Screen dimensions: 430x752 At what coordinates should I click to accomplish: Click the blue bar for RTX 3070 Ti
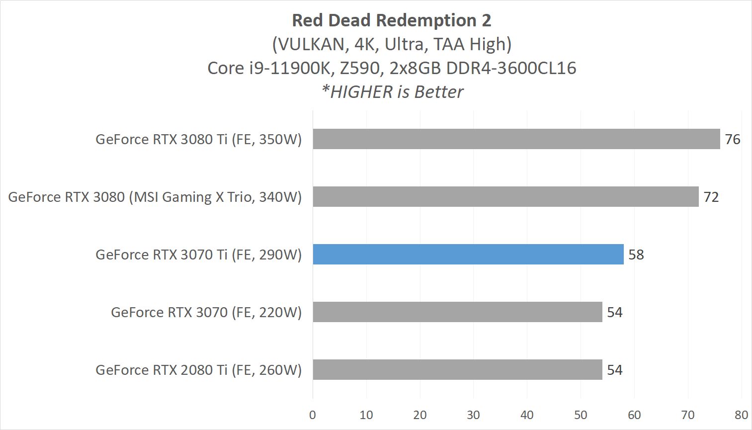468,255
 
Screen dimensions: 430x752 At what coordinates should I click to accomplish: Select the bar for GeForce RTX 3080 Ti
516,139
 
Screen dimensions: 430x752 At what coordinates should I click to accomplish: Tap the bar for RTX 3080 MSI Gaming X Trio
505,197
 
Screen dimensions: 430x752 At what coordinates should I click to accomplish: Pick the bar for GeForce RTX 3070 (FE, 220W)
457,312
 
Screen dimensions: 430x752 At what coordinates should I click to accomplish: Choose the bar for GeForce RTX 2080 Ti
457,370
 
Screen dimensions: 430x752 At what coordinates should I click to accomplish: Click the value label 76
733,140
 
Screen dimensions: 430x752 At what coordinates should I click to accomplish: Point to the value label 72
711,197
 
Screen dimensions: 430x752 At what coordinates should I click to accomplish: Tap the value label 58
636,255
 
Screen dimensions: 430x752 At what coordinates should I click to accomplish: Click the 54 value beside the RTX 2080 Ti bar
615,370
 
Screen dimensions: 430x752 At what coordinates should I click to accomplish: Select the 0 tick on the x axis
313,415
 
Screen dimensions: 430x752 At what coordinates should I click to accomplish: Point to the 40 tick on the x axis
527,415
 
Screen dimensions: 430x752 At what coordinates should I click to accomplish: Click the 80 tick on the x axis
741,415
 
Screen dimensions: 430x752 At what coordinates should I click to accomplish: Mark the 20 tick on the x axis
420,415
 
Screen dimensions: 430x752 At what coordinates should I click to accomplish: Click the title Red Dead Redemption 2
391,20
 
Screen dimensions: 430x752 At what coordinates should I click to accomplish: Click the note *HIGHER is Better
392,92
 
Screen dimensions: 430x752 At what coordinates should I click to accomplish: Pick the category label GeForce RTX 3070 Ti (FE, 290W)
199,255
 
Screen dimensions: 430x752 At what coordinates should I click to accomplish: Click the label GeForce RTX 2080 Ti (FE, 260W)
199,370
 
